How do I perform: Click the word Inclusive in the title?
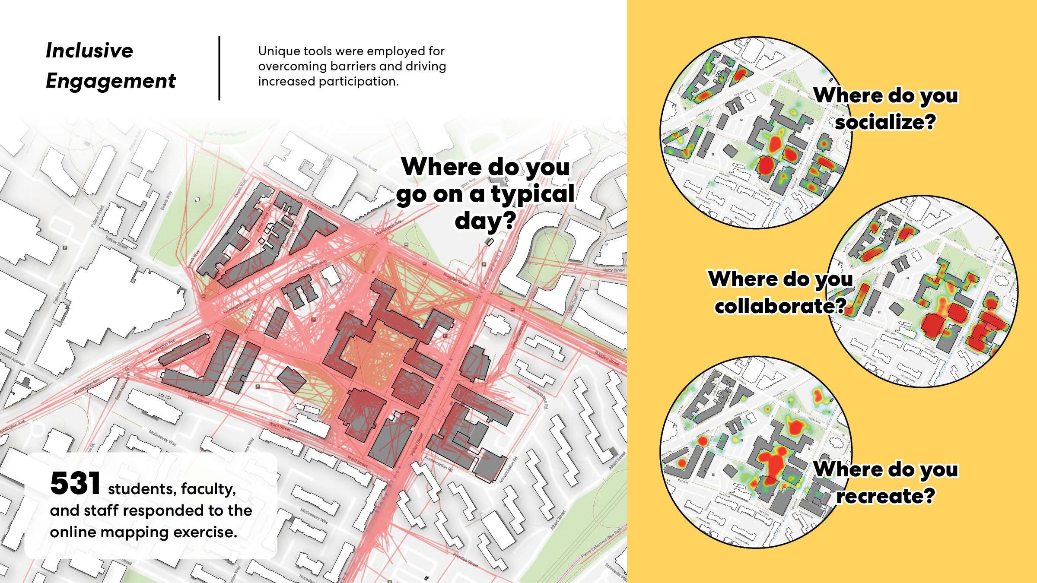(x=89, y=51)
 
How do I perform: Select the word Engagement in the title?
(x=111, y=81)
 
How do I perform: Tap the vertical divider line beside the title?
(x=219, y=68)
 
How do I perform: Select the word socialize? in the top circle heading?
(x=885, y=122)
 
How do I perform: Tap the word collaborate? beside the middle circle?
(x=780, y=306)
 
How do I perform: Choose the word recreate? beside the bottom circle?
(x=885, y=496)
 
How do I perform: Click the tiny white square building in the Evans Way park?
(x=197, y=200)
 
